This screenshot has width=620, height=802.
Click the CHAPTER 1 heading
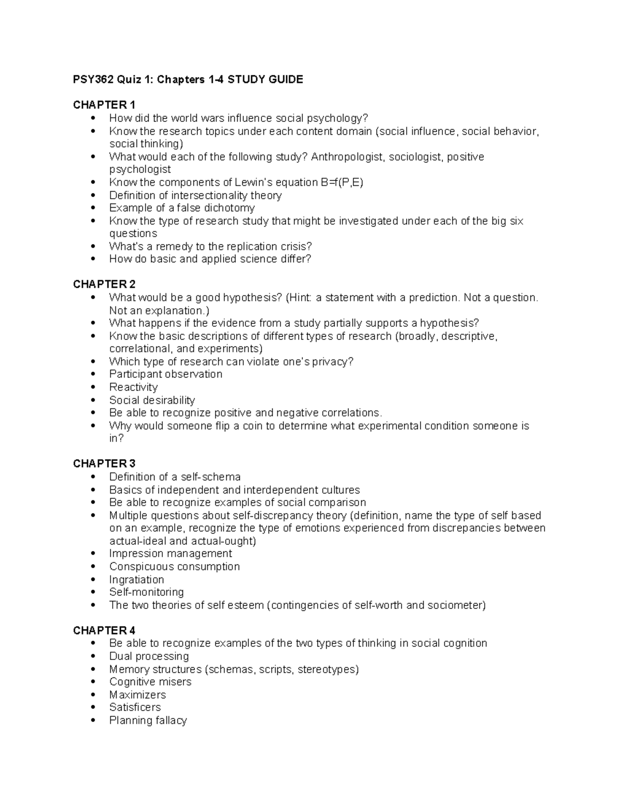104,105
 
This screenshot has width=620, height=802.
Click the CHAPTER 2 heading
104,284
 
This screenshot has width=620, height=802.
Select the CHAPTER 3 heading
104,463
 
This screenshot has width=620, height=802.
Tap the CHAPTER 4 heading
104,630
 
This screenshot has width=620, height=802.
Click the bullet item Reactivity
133,387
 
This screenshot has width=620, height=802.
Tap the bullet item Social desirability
152,400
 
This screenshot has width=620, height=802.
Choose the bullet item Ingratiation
136,579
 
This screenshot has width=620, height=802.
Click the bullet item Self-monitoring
146,592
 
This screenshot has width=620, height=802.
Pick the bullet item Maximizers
137,695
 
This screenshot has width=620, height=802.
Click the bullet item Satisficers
135,707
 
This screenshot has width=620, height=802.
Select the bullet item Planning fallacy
148,720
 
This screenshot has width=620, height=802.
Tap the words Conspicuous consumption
175,567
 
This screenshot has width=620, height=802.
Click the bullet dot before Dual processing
93,656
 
